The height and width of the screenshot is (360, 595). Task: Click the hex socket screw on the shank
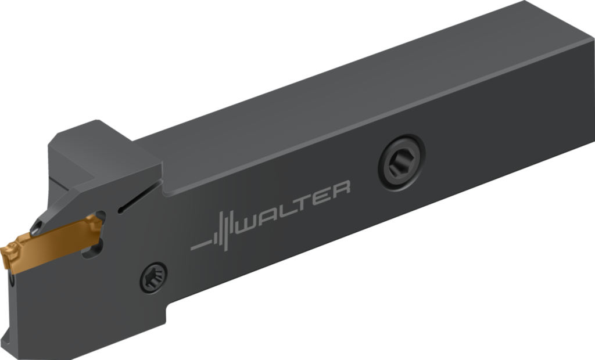pyautogui.click(x=402, y=163)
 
